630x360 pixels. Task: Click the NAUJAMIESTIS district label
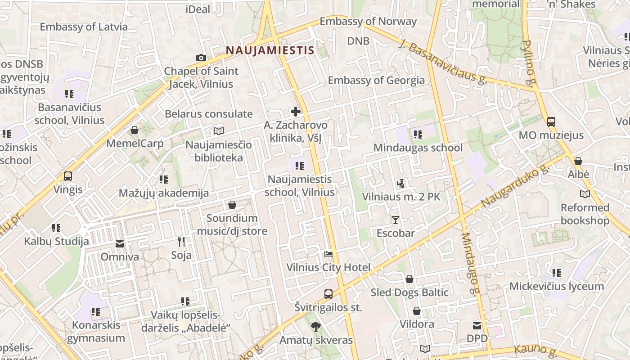(x=270, y=50)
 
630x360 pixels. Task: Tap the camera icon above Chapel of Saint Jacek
(x=201, y=58)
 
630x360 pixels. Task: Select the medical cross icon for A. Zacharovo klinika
(x=296, y=112)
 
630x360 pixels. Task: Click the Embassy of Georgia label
(x=376, y=81)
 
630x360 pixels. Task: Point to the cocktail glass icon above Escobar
(x=396, y=220)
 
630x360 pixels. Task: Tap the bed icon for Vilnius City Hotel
(x=328, y=254)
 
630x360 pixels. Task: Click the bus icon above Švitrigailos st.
(x=328, y=294)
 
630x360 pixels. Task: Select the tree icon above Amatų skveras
(x=316, y=327)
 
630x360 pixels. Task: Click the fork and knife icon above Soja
(x=181, y=242)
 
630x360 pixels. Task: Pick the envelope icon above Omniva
(x=120, y=243)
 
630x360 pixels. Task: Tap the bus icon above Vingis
(x=68, y=176)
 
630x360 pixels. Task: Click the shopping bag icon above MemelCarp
(x=135, y=130)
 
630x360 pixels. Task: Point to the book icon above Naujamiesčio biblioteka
(x=219, y=131)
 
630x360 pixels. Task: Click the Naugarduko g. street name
(x=516, y=186)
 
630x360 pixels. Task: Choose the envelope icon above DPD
(x=477, y=325)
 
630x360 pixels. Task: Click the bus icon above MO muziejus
(x=551, y=121)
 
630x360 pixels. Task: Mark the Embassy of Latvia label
(x=84, y=27)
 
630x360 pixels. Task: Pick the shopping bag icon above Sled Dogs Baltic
(x=409, y=279)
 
